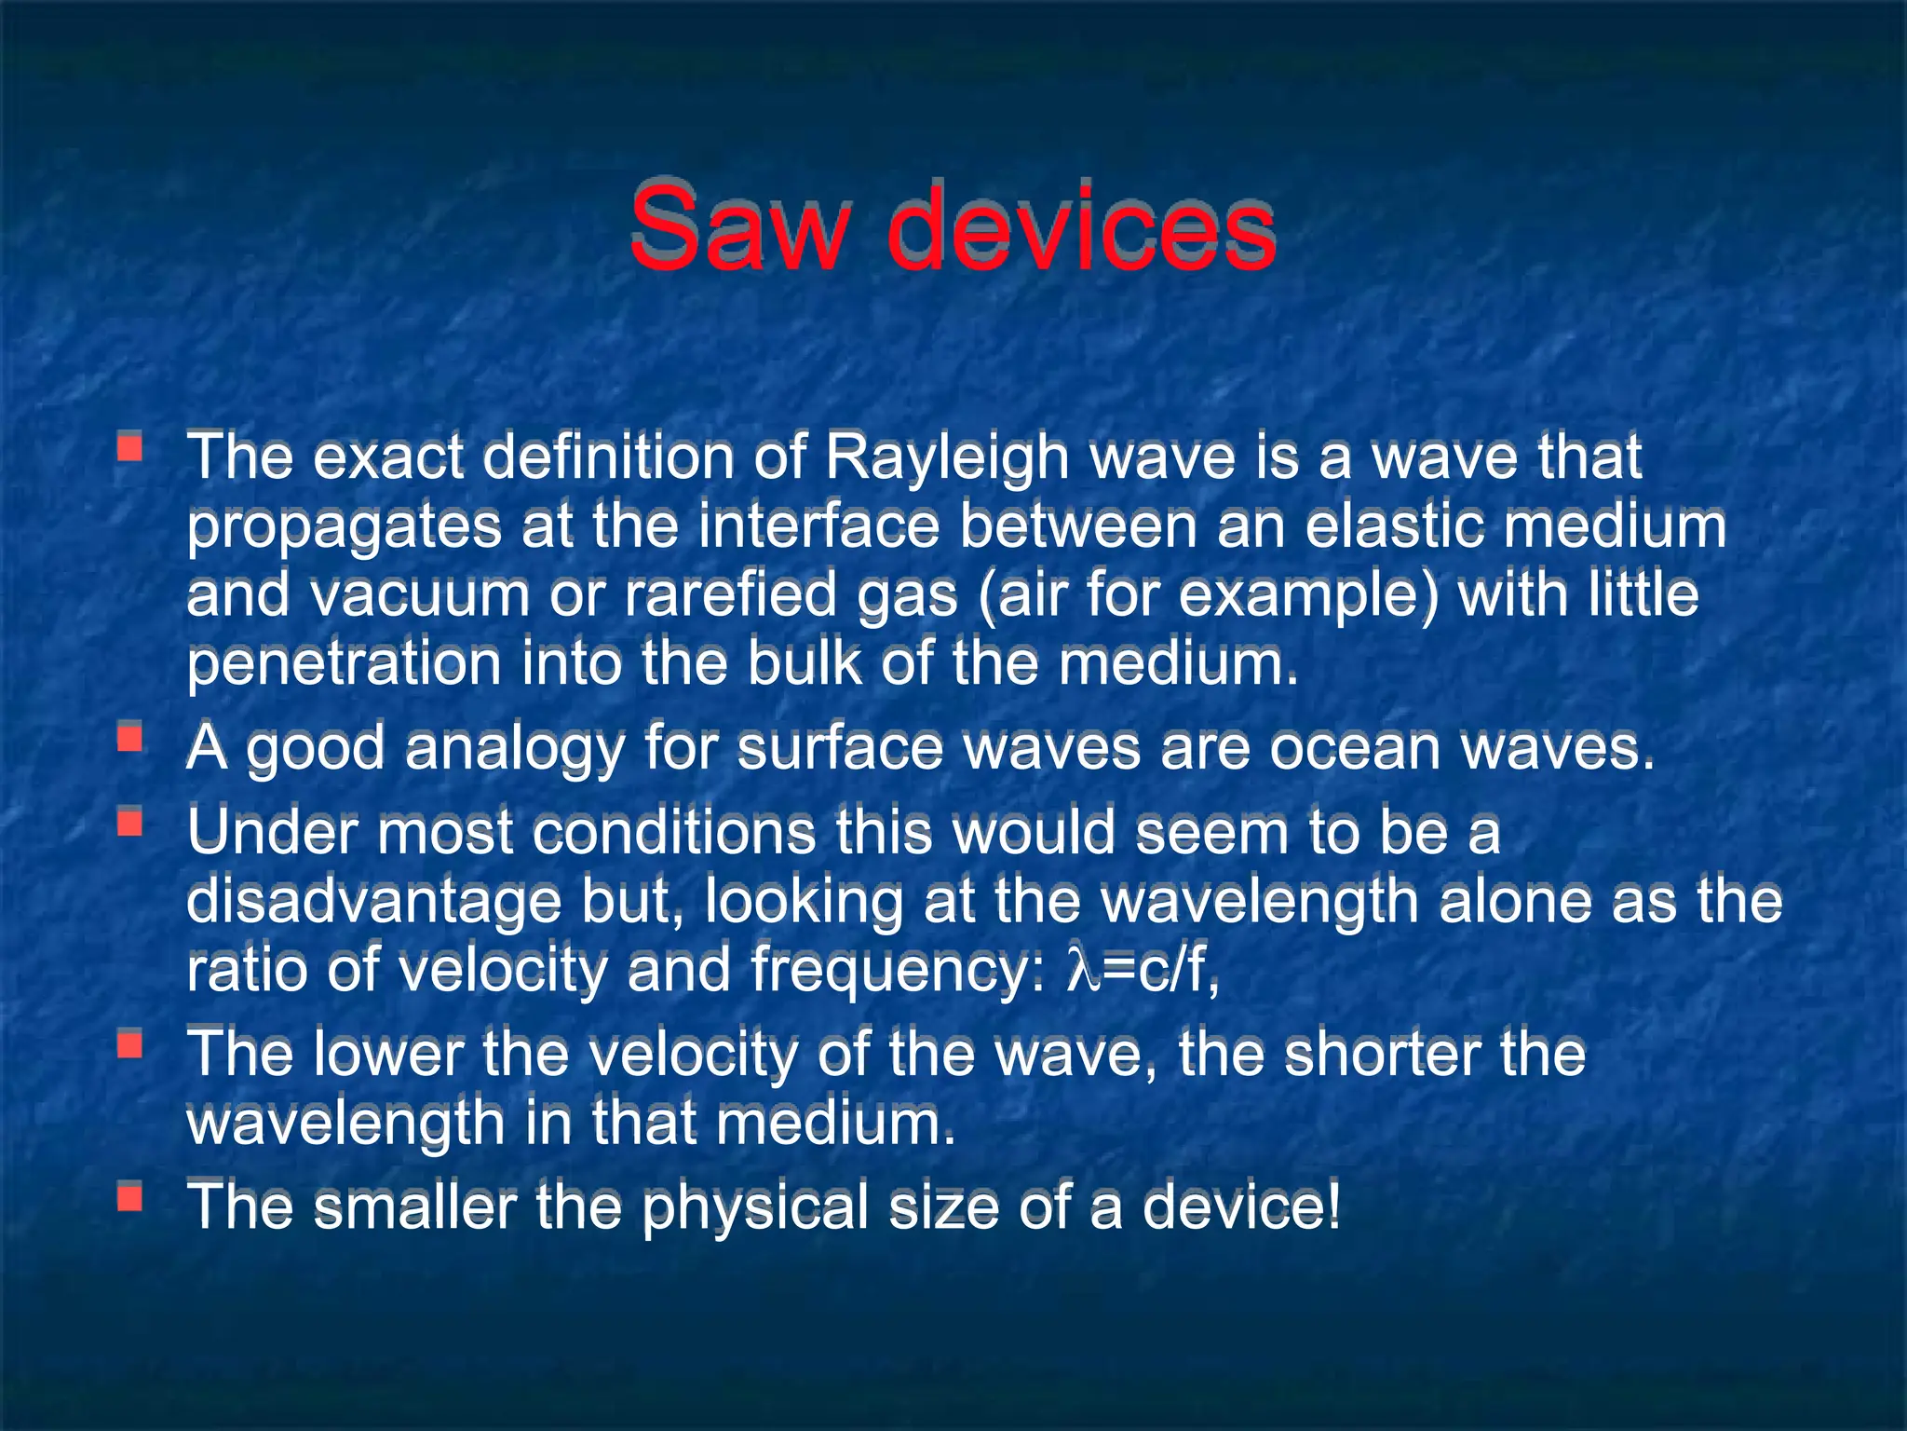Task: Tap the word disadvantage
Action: tap(373, 901)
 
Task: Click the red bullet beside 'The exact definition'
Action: tap(129, 447)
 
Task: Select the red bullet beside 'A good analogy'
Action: tap(129, 738)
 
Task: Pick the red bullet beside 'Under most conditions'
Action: tap(129, 822)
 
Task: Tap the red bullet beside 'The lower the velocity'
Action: tap(129, 1044)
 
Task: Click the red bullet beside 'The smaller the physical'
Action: tap(129, 1196)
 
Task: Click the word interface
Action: tap(818, 526)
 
